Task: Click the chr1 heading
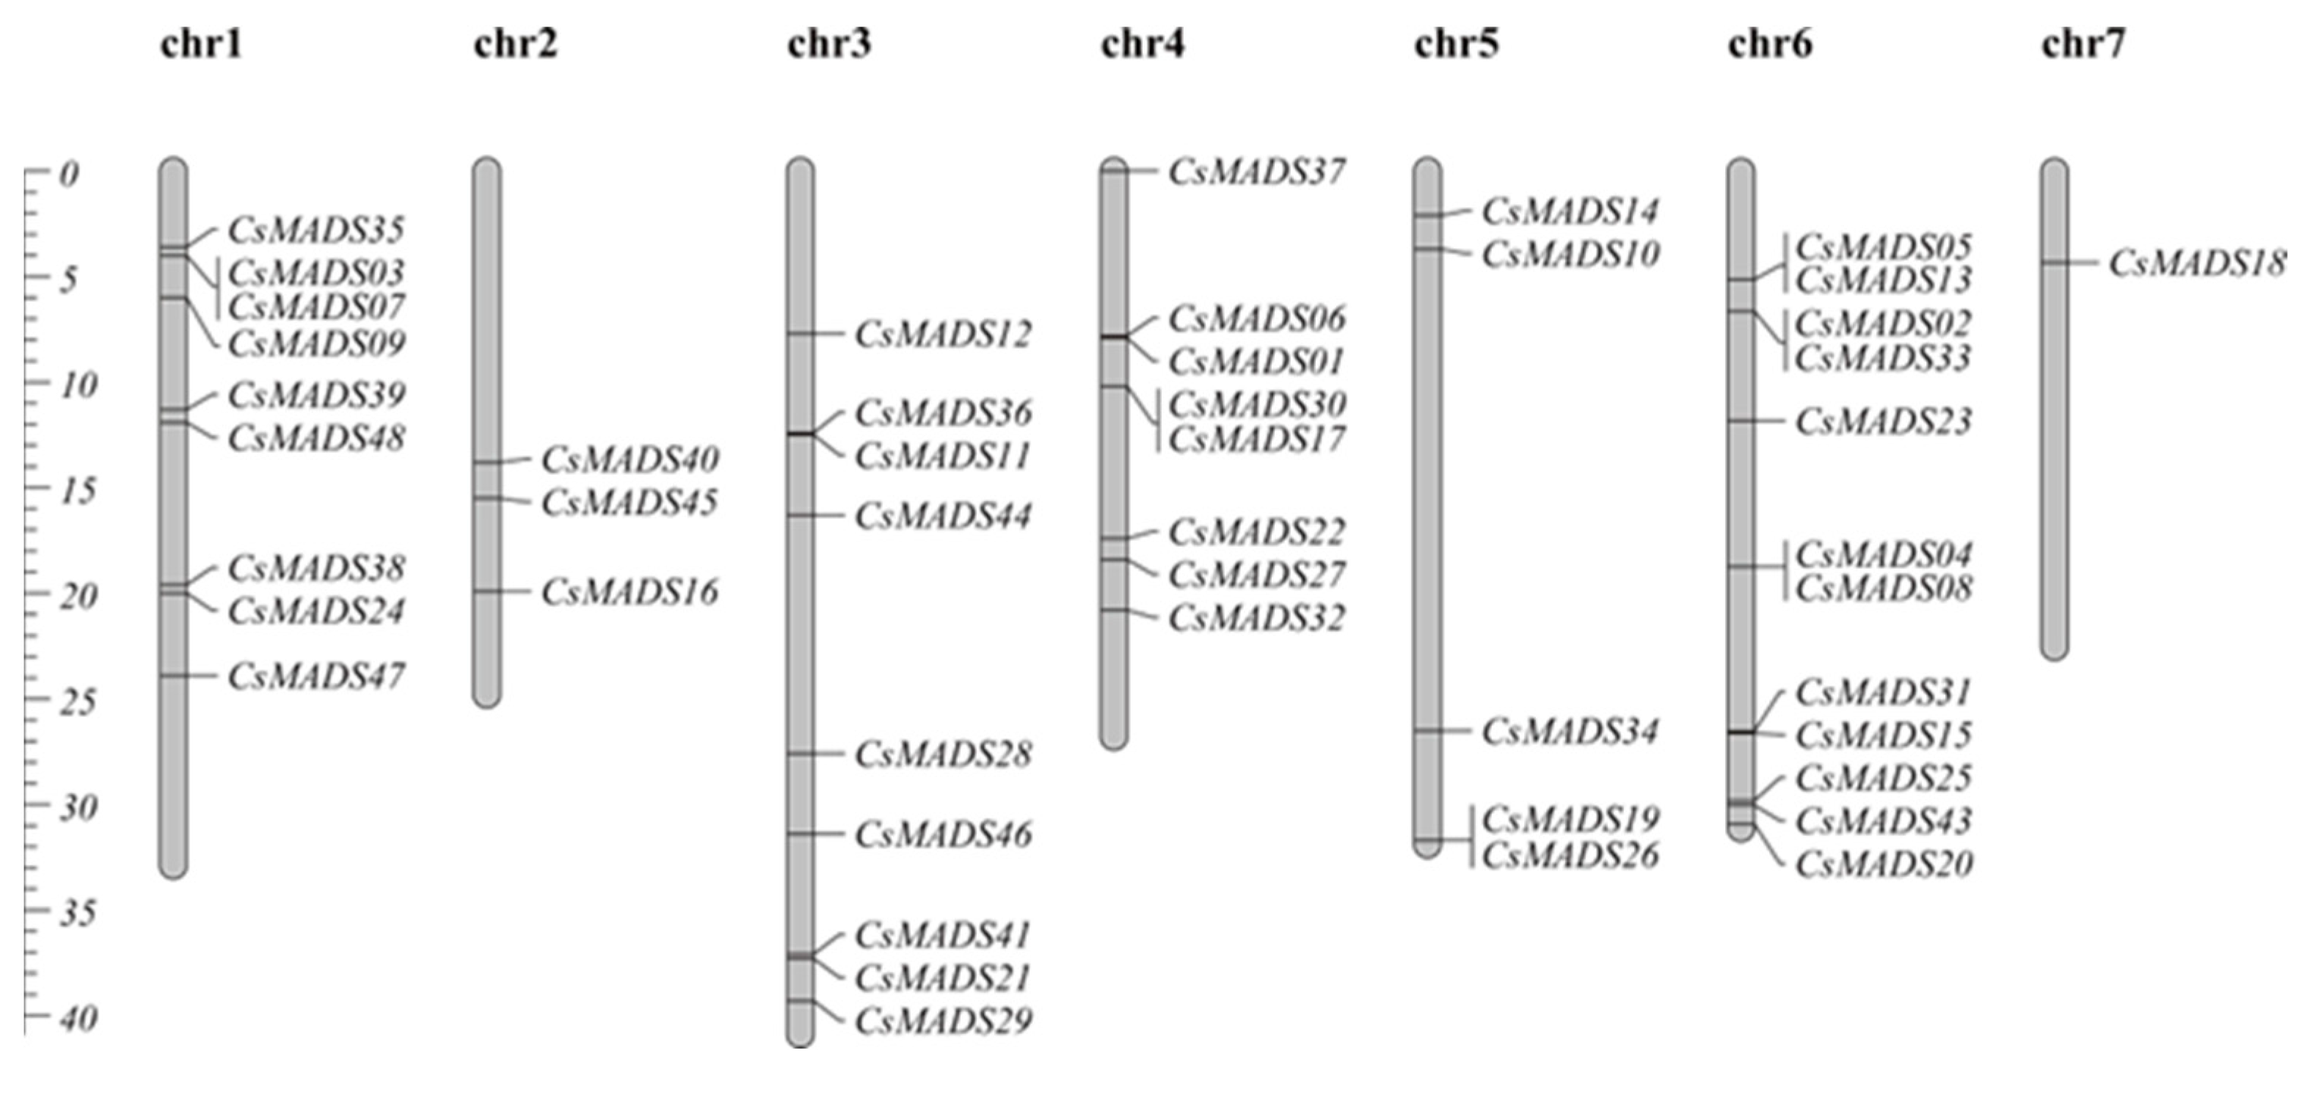pyautogui.click(x=202, y=44)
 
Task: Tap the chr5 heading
pyautogui.click(x=1457, y=44)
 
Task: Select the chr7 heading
pyautogui.click(x=2083, y=44)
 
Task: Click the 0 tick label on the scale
pyautogui.click(x=69, y=174)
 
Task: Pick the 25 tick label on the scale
pyautogui.click(x=78, y=702)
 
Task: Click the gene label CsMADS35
pyautogui.click(x=316, y=230)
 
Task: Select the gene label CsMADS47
pyautogui.click(x=316, y=676)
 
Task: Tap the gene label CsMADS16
pyautogui.click(x=630, y=592)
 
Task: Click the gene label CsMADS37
pyautogui.click(x=1256, y=171)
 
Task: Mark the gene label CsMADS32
pyautogui.click(x=1256, y=617)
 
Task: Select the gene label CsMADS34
pyautogui.click(x=1570, y=731)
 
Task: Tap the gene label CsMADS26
pyautogui.click(x=1570, y=855)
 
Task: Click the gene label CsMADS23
pyautogui.click(x=1883, y=421)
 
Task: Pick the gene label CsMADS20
pyautogui.click(x=1883, y=864)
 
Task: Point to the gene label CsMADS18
pyautogui.click(x=2197, y=263)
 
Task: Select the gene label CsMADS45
pyautogui.click(x=630, y=503)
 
